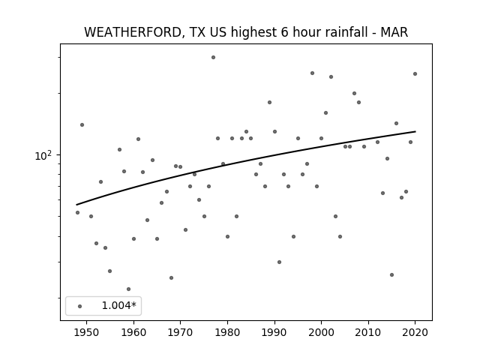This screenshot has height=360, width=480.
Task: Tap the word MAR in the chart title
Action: tap(394, 32)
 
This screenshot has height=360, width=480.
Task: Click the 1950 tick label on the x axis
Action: tap(87, 332)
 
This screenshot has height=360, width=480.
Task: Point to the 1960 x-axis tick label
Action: tap(133, 332)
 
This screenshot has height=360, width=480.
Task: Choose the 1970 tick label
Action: tap(180, 332)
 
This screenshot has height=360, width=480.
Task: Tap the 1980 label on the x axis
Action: tap(227, 332)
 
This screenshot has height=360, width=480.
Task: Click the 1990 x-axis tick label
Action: tap(274, 332)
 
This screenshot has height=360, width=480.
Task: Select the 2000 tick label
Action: tap(322, 332)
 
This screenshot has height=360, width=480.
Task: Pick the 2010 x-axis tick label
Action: tap(368, 332)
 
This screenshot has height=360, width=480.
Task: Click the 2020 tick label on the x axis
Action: tap(415, 332)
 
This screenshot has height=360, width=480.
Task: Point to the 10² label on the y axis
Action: tap(43, 155)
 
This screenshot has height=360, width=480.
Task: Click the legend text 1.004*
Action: tap(118, 305)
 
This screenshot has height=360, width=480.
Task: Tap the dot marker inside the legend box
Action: tap(80, 306)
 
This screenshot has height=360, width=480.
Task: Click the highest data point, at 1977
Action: tap(213, 57)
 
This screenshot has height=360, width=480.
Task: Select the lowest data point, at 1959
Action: tap(128, 289)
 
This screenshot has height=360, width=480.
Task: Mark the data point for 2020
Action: tap(415, 73)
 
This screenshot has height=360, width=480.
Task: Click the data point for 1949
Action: tap(82, 125)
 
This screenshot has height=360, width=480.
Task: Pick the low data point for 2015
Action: tap(391, 275)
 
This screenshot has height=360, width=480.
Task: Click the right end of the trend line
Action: tap(415, 132)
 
